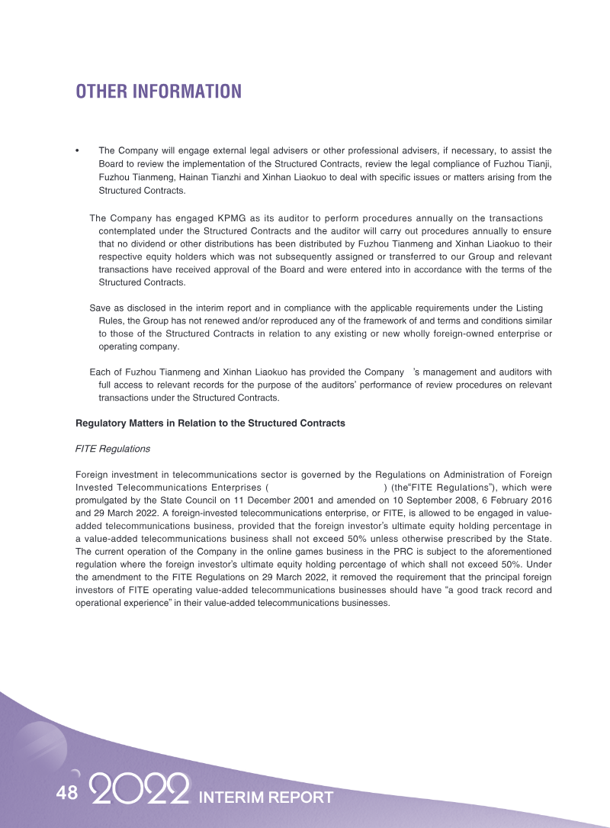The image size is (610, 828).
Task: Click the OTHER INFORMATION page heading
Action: (x=159, y=92)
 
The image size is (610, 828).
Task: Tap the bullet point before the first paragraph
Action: (x=79, y=151)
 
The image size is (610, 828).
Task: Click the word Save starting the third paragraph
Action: (x=101, y=307)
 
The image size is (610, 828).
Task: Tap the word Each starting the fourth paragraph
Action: (x=101, y=372)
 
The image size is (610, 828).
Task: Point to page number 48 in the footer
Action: (x=66, y=793)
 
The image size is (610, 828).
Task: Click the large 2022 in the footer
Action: (x=140, y=791)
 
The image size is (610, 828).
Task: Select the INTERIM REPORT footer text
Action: (x=265, y=797)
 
